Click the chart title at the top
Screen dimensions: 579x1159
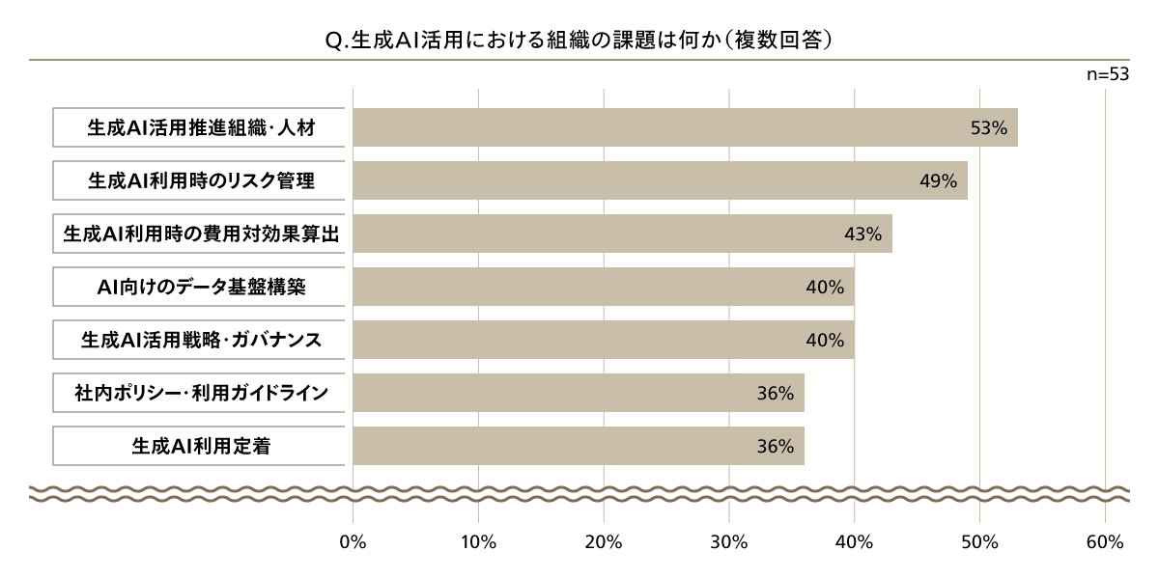(579, 41)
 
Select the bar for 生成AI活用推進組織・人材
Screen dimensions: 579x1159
(685, 127)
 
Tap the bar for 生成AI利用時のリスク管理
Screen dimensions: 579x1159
(660, 180)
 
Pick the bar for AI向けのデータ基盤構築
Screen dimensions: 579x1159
(603, 287)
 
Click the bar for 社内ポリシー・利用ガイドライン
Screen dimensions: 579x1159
(578, 393)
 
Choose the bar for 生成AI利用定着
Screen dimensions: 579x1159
(578, 446)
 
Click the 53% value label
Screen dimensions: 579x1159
(988, 127)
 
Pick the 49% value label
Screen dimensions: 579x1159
(938, 180)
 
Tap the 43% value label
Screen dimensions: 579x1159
(862, 234)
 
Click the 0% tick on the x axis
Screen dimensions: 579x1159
(353, 542)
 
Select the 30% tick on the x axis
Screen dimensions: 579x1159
(729, 542)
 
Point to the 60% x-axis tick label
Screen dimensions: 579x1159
(1104, 542)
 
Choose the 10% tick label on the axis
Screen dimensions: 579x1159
(478, 542)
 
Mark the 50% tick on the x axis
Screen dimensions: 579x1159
(979, 542)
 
